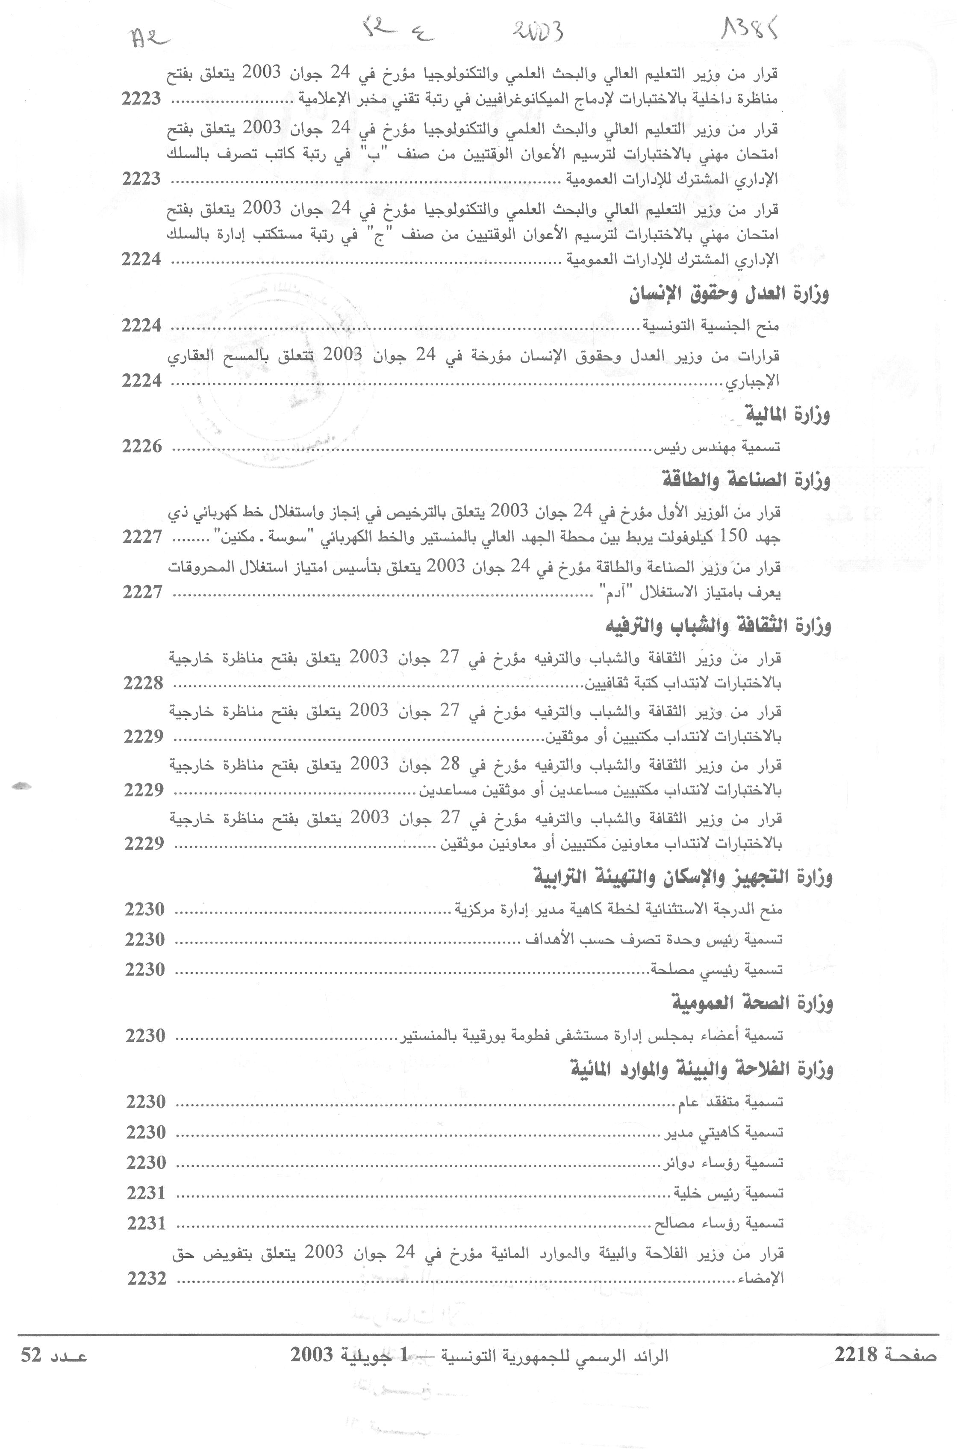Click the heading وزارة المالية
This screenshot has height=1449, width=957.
point(787,415)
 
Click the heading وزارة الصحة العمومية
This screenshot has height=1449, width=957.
point(753,1002)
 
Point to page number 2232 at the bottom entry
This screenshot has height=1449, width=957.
point(147,1278)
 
